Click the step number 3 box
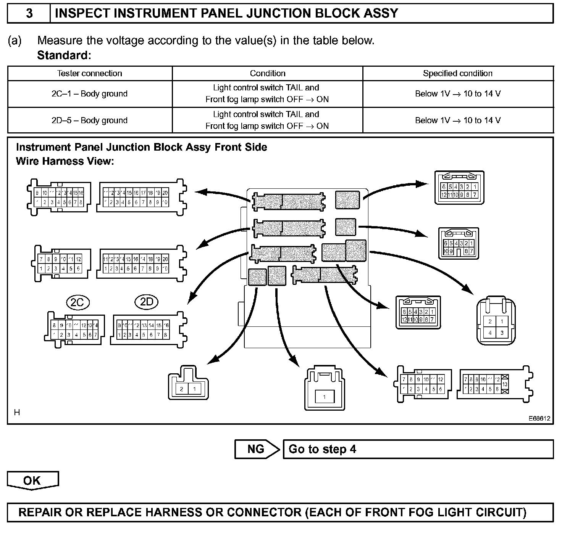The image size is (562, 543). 29,14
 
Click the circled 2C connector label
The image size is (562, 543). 78,302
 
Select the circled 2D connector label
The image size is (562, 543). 147,302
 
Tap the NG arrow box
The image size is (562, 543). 257,449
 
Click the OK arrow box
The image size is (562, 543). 32,480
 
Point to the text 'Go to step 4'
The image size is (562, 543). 322,449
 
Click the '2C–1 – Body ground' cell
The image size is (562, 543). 90,94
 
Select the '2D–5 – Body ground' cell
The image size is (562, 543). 90,120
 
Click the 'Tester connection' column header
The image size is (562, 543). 90,73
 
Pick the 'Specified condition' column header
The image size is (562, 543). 458,73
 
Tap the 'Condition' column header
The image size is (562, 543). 268,73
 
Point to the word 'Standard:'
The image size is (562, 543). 64,56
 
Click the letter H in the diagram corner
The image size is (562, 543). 17,412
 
